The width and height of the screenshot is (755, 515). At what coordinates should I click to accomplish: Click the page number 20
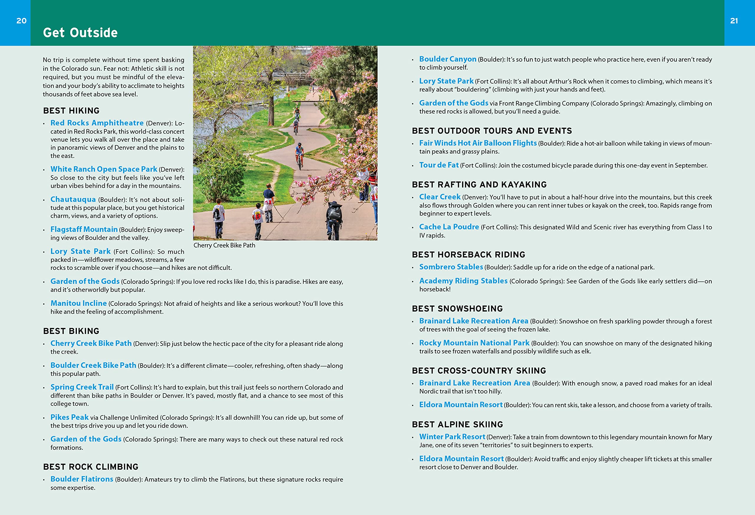click(22, 21)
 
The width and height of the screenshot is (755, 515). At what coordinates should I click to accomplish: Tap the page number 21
click(734, 21)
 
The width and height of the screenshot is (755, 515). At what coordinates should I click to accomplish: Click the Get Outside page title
click(80, 32)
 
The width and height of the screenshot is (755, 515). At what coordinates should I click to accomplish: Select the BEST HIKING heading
click(71, 111)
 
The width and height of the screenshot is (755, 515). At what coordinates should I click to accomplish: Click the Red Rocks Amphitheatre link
click(97, 123)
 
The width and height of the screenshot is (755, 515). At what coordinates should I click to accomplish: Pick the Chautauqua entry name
click(73, 199)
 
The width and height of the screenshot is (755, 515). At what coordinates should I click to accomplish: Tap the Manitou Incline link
click(79, 303)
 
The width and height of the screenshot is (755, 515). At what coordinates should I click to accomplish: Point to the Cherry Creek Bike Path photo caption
click(224, 245)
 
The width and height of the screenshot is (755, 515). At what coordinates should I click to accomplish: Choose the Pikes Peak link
click(69, 417)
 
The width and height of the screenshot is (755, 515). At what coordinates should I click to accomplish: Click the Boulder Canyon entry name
click(448, 59)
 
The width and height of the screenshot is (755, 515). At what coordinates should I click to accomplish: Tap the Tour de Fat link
click(439, 165)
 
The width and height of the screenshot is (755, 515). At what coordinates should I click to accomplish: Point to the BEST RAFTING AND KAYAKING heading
click(479, 185)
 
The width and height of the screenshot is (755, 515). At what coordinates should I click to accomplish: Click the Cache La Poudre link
click(449, 227)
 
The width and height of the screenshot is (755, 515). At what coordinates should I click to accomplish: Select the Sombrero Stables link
click(451, 267)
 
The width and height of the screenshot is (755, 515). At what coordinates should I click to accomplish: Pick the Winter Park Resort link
click(452, 437)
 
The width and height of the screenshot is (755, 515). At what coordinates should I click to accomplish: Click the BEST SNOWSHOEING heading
click(457, 308)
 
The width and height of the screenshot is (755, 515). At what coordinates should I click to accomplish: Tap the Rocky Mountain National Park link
click(474, 343)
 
